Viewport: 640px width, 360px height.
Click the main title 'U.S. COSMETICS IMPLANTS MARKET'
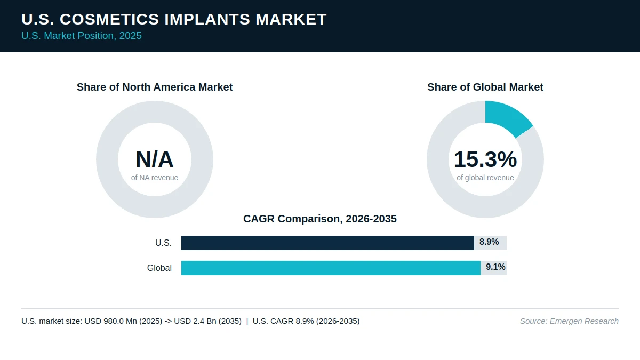[174, 19]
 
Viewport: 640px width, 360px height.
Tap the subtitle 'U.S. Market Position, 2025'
[82, 36]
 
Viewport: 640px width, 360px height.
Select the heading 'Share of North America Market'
[155, 87]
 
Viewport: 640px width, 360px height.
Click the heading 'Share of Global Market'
[485, 87]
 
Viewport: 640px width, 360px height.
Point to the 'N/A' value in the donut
[155, 159]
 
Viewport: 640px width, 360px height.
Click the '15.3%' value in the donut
[485, 159]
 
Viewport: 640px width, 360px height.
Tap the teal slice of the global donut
[505, 118]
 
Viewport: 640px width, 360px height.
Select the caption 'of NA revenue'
[155, 178]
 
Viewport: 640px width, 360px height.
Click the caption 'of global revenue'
[485, 178]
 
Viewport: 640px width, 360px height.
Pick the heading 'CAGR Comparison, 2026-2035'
[320, 219]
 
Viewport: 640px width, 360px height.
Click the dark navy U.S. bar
[327, 243]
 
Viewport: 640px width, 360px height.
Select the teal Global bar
[331, 268]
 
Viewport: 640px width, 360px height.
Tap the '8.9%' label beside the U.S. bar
[489, 242]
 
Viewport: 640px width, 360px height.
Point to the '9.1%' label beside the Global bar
[495, 267]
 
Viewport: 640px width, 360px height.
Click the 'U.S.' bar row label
[163, 243]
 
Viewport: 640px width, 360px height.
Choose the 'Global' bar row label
[159, 268]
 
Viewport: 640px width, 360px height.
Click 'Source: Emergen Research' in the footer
[569, 321]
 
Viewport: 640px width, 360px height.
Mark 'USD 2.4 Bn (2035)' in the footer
[207, 321]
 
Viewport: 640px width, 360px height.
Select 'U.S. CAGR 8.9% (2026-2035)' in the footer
[306, 321]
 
